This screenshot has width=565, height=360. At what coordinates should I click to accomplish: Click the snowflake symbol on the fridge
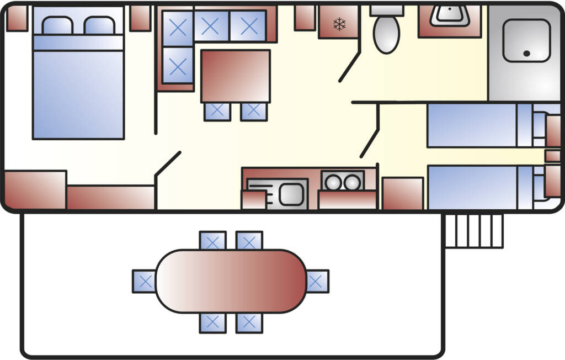[x=339, y=24]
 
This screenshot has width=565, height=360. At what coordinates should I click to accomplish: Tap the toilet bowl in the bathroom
[x=386, y=33]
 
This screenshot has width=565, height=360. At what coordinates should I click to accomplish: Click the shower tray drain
[x=526, y=54]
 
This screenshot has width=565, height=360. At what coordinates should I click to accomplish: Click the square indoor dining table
[x=235, y=76]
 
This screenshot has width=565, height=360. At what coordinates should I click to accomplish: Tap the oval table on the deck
[x=231, y=281]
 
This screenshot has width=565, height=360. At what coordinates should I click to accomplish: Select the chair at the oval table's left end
[x=145, y=281]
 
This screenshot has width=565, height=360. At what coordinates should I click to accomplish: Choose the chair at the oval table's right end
[x=316, y=281]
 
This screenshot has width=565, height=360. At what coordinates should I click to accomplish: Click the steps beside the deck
[x=474, y=231]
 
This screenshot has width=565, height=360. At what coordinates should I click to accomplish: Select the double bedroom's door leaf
[x=168, y=163]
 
